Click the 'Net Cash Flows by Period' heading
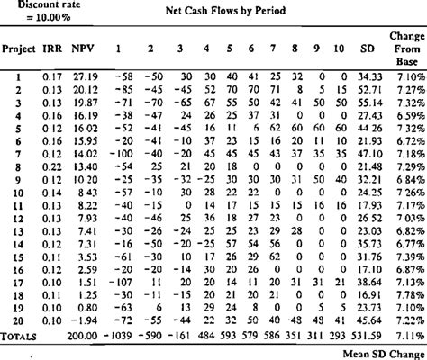point(224,11)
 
